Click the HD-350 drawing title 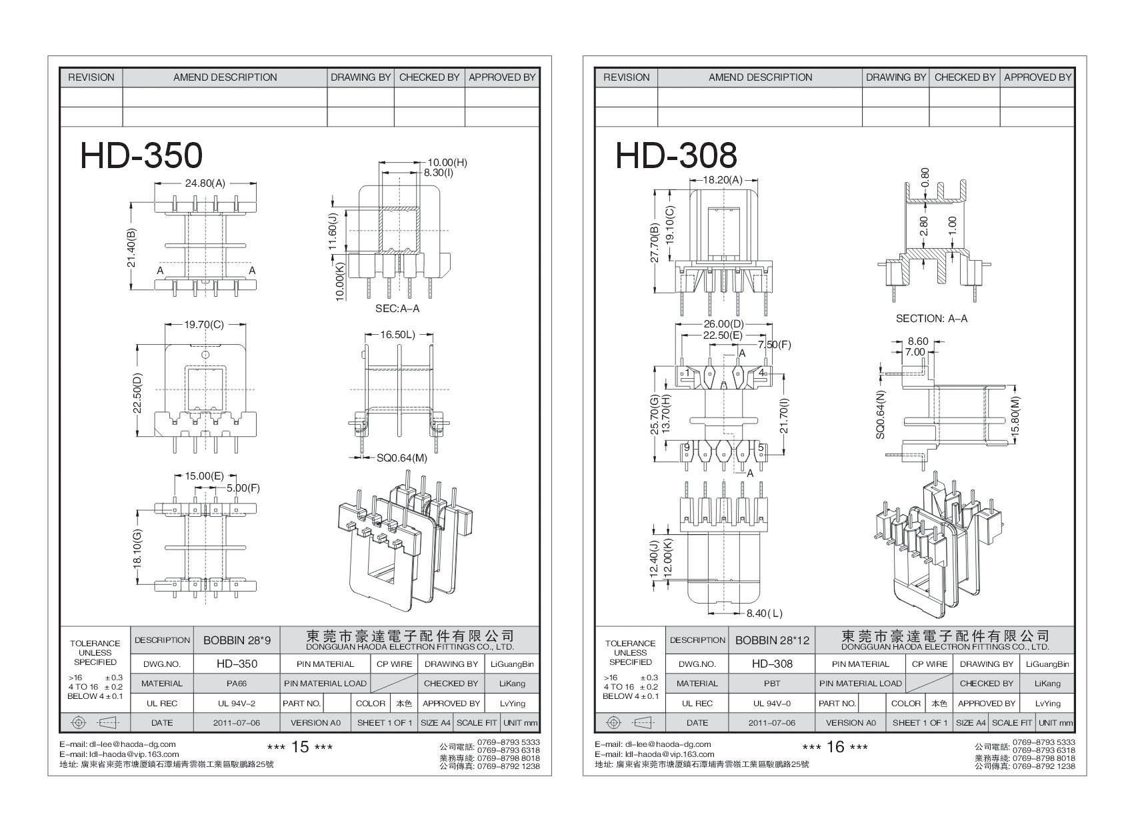click(x=141, y=155)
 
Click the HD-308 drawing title click(x=675, y=155)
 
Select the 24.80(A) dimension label click(x=205, y=183)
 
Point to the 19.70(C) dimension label click(x=204, y=325)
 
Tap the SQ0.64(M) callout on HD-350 click(x=401, y=458)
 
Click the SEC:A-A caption click(x=397, y=309)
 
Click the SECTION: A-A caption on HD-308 click(x=931, y=319)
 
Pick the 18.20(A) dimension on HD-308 click(x=723, y=180)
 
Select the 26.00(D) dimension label click(x=723, y=325)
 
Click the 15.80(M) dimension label click(x=1015, y=416)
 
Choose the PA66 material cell click(x=237, y=684)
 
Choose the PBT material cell click(x=772, y=684)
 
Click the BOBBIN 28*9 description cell click(x=237, y=640)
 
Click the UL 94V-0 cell click(x=772, y=703)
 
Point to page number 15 click(x=300, y=747)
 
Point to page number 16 click(x=835, y=747)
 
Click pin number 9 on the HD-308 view click(x=686, y=447)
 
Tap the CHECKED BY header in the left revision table click(x=429, y=77)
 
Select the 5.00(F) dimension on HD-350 click(x=243, y=488)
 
